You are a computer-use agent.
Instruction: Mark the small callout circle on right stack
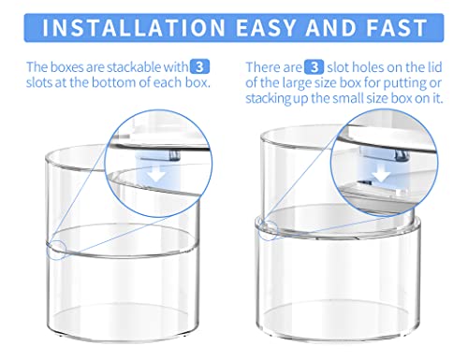[270, 228]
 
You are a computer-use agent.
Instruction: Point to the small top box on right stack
[309, 182]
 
